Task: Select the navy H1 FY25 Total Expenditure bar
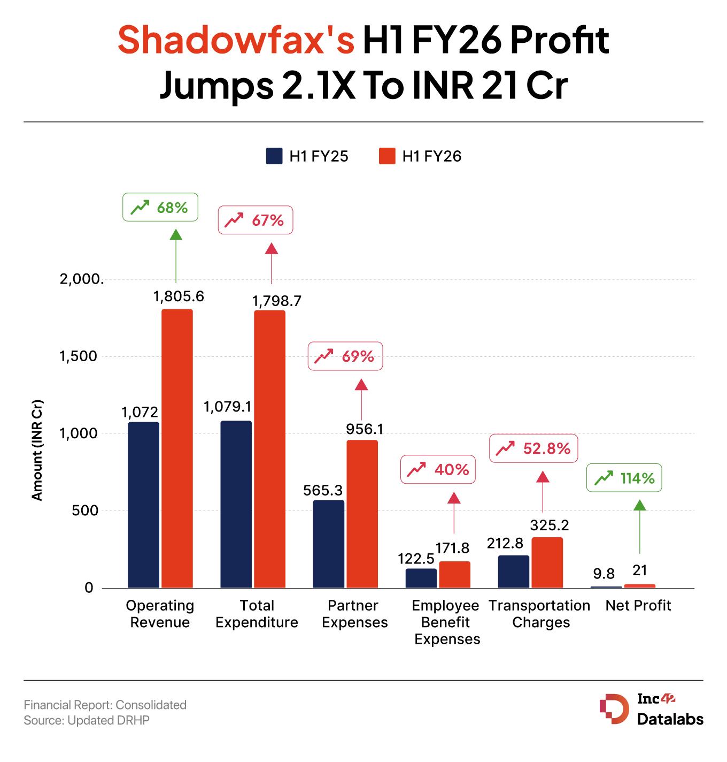(236, 504)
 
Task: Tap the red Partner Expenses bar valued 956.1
(362, 514)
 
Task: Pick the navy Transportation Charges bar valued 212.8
(513, 571)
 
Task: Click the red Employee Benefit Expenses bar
(454, 575)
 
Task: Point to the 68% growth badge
(160, 207)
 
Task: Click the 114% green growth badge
(624, 477)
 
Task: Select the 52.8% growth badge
(533, 448)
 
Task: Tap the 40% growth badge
(438, 470)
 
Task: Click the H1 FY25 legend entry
(307, 156)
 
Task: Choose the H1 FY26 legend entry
(420, 156)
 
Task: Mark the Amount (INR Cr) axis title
(37, 450)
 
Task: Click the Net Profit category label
(638, 605)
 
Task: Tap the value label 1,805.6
(179, 296)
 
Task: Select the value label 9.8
(604, 574)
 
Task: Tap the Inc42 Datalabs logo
(651, 710)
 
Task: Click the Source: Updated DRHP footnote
(87, 720)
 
